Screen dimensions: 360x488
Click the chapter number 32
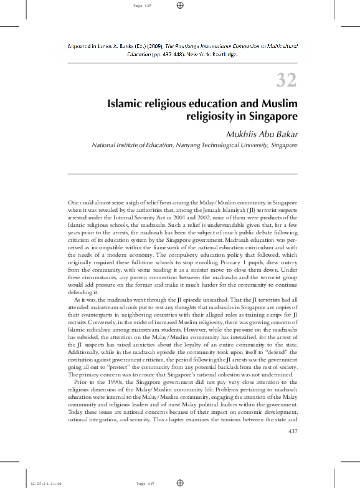286,80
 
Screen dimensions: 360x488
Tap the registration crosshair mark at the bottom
179,482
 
